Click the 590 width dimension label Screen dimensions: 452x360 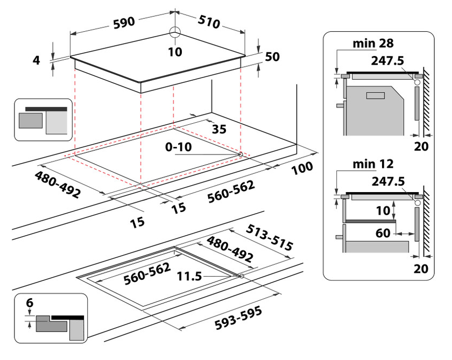[124, 23]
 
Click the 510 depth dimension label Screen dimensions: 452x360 [209, 22]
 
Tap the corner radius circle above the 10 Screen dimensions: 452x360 [175, 32]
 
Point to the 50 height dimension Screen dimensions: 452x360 [272, 57]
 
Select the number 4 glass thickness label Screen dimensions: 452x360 [37, 60]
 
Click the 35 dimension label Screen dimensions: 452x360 [219, 129]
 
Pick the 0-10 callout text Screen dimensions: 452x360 [179, 147]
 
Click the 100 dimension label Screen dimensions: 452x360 [302, 168]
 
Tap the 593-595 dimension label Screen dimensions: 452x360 [238, 318]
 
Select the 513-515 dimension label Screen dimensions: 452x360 [269, 237]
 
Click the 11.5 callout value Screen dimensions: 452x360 [189, 276]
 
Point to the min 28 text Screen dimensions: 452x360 [373, 43]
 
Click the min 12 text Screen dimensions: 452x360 [373, 164]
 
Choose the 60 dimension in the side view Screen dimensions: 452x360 [383, 233]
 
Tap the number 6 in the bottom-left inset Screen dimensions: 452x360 [30, 302]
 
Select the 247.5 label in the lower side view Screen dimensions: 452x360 [388, 181]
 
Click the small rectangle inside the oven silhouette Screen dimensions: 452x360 [376, 95]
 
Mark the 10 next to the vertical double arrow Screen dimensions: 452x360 [383, 211]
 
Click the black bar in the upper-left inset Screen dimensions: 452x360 [46, 109]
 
